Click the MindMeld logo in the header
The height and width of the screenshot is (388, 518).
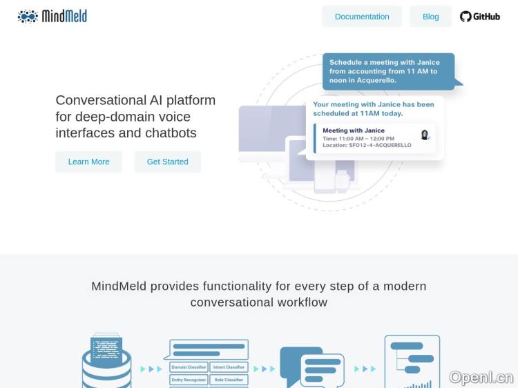tap(52, 16)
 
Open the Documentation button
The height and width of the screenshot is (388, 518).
tap(362, 17)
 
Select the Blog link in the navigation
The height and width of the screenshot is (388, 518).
tap(430, 17)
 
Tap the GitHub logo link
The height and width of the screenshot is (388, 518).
tap(480, 17)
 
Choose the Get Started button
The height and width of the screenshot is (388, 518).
tap(167, 162)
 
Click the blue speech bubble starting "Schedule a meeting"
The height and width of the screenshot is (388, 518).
tap(388, 71)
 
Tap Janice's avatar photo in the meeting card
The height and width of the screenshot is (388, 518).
tap(425, 135)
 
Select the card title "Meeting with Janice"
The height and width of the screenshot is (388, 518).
tap(354, 130)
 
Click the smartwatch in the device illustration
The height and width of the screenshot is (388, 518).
tap(341, 182)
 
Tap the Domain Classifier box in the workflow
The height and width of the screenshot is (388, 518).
tap(189, 367)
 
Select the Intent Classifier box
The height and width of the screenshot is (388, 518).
tap(229, 367)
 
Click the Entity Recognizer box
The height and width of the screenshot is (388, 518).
tap(189, 380)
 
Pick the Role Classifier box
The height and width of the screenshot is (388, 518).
tap(229, 380)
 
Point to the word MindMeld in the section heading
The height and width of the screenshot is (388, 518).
tap(119, 286)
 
